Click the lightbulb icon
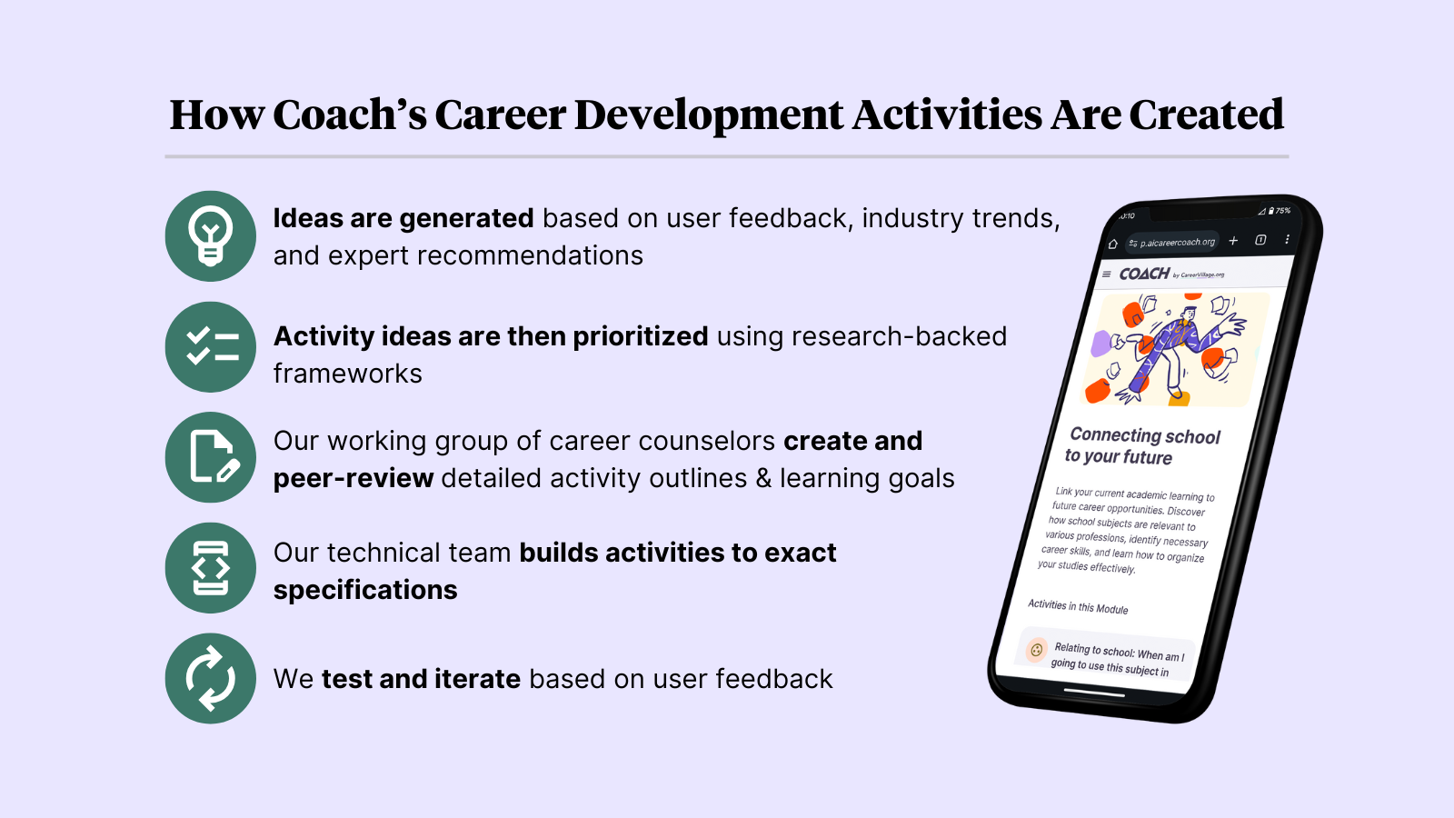pos(211,236)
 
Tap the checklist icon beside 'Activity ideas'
pos(211,347)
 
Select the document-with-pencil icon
pos(211,457)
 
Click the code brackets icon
pos(211,568)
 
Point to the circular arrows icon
pos(211,678)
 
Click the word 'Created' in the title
pos(1206,115)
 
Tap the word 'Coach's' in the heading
pos(349,115)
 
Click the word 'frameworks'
pos(348,374)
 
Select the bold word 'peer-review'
pos(354,478)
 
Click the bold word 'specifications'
pos(365,590)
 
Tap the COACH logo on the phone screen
pos(1145,274)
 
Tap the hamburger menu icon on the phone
pos(1106,274)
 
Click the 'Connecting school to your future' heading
pos(1143,445)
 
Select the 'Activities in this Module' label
pos(1078,606)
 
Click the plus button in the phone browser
pos(1233,241)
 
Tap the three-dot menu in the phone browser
pos(1287,240)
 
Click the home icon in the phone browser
pos(1112,244)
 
